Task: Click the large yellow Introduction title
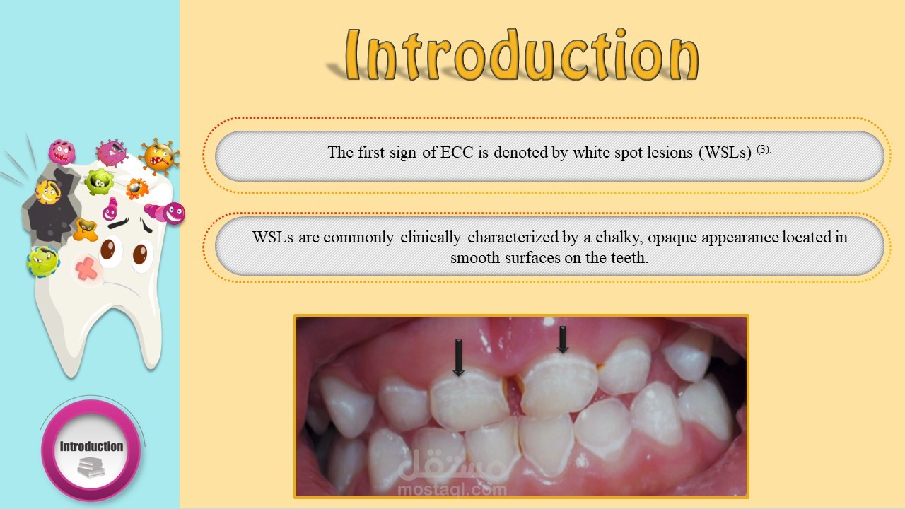(x=522, y=54)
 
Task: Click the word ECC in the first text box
(x=457, y=152)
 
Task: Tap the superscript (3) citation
(x=764, y=149)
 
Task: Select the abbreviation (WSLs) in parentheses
(x=725, y=152)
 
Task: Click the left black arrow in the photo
(x=459, y=357)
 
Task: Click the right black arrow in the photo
(x=562, y=339)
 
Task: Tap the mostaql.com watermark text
(x=452, y=490)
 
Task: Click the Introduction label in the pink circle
(x=91, y=446)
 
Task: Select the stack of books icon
(x=91, y=467)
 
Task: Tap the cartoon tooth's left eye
(x=108, y=250)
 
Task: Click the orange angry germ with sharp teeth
(x=159, y=156)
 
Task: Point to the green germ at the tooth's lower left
(x=43, y=262)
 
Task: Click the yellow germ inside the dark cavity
(x=47, y=192)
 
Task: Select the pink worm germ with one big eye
(x=165, y=213)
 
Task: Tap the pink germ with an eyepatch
(x=112, y=153)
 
